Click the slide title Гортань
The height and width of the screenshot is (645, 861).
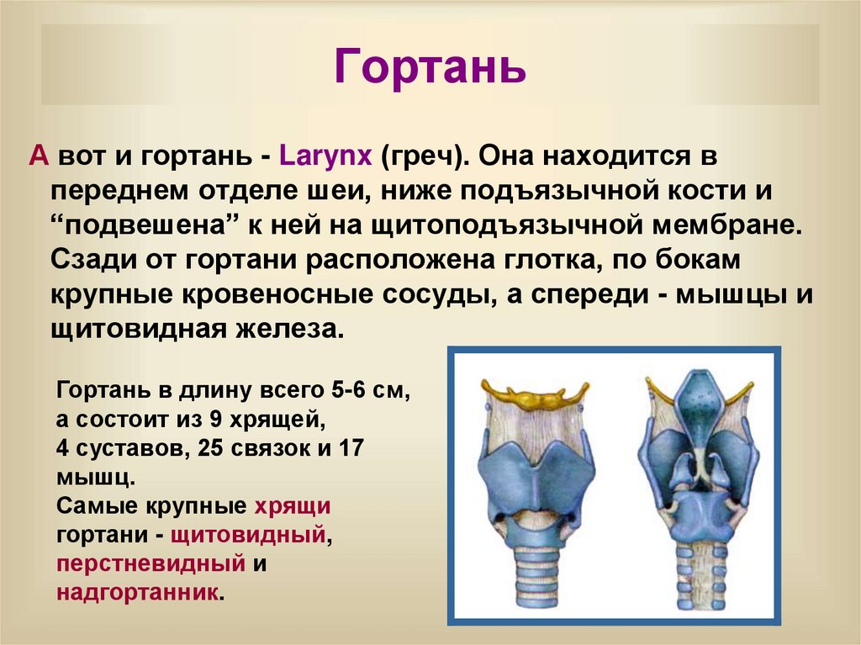[430, 67]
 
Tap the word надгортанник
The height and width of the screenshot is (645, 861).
[138, 591]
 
